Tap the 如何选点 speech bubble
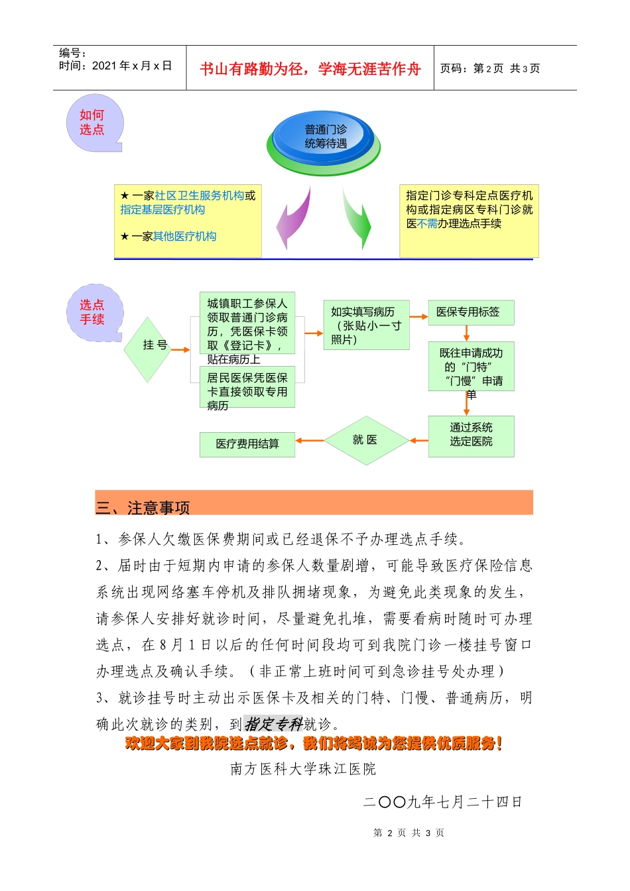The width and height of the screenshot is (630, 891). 94,123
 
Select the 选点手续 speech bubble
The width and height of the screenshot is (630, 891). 94,312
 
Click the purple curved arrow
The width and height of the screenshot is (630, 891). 294,218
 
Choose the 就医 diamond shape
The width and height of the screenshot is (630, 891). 365,440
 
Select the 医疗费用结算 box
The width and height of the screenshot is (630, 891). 247,444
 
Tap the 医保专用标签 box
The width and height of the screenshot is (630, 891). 470,312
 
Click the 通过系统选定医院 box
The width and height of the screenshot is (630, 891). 471,436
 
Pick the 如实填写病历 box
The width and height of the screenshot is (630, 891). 365,325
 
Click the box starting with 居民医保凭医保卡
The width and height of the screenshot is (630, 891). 247,387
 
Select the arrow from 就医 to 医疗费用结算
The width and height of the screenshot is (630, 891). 309,441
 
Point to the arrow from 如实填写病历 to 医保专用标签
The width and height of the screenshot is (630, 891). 418,317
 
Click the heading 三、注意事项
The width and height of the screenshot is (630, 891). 143,508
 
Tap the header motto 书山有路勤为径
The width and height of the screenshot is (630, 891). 310,69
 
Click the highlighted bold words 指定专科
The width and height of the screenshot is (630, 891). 273,724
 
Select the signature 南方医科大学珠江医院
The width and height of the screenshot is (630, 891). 303,769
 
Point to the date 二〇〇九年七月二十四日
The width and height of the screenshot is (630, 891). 442,802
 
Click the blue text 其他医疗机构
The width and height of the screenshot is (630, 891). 184,237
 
